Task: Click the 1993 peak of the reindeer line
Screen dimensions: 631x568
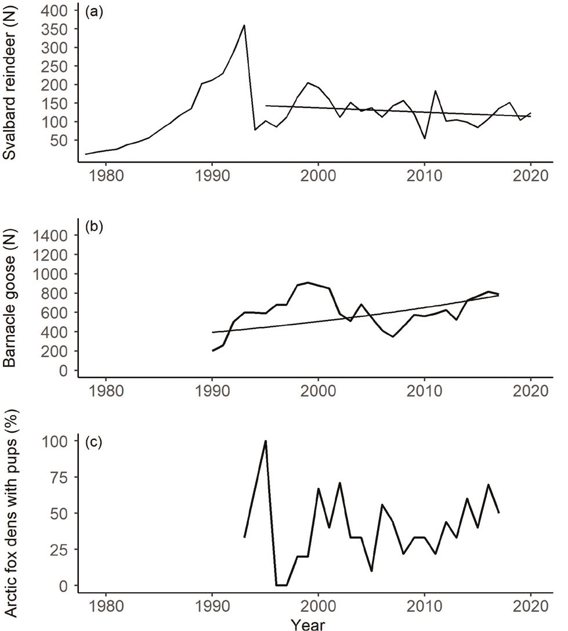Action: tap(244, 25)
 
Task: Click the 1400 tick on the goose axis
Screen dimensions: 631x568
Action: tap(53, 235)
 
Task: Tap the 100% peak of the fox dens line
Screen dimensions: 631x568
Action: tap(265, 441)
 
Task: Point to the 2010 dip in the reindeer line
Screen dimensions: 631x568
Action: tap(425, 138)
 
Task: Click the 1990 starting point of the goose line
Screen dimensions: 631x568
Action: tap(212, 351)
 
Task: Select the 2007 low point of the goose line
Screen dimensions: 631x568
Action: tap(393, 337)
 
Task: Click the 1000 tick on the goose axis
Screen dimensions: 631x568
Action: tap(53, 273)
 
